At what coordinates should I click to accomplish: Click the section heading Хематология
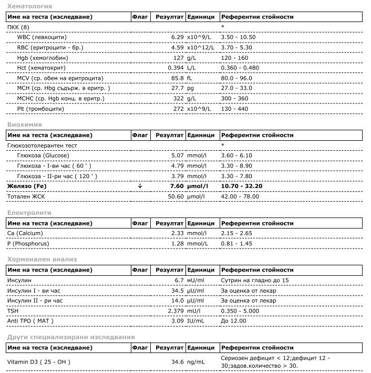pyautogui.click(x=29, y=6)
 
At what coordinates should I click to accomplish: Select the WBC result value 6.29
pyautogui.click(x=175, y=37)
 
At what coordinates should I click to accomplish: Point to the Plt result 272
pyautogui.click(x=178, y=109)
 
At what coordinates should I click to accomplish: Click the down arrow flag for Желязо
pyautogui.click(x=139, y=186)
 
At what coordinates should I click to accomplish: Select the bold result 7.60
pyautogui.click(x=174, y=186)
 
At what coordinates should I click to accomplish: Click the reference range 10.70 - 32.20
pyautogui.click(x=242, y=186)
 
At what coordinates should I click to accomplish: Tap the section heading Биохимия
pyautogui.click(x=24, y=125)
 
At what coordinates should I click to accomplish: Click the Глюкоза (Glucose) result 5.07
pyautogui.click(x=175, y=156)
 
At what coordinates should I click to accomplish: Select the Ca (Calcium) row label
pyautogui.click(x=25, y=233)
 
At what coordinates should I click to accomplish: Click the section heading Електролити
pyautogui.click(x=29, y=213)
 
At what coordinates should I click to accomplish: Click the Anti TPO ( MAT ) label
pyautogui.click(x=30, y=320)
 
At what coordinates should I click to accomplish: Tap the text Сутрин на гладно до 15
pyautogui.click(x=255, y=280)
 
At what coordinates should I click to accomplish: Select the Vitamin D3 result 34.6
pyautogui.click(x=175, y=362)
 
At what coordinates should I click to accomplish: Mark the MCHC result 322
pyautogui.click(x=178, y=98)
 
